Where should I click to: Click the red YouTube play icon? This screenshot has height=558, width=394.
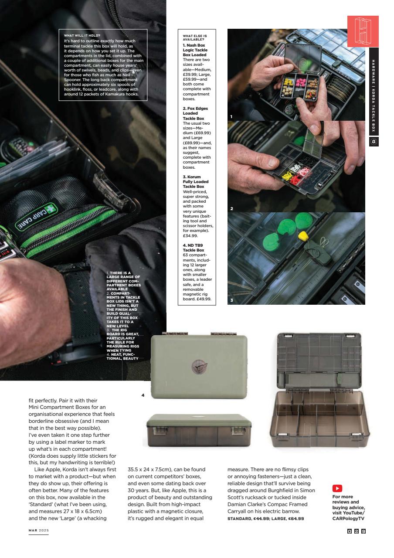pos(337,489)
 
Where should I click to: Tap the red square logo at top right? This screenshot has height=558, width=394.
pos(363,31)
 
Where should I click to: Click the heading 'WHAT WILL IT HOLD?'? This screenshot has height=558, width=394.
pos(82,36)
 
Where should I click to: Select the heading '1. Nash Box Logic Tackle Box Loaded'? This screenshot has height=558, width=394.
pos(194,50)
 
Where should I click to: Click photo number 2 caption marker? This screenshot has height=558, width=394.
pos(232,208)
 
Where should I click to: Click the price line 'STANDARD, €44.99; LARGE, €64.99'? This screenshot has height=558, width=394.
pos(266,518)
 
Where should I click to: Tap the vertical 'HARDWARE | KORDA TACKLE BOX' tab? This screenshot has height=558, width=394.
pos(374,92)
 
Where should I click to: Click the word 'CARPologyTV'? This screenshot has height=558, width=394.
pos(349,518)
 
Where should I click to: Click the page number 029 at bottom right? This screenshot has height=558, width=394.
pos(357,531)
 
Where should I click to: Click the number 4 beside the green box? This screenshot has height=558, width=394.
pos(143,395)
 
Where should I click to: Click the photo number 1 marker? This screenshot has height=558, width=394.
pos(232,116)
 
